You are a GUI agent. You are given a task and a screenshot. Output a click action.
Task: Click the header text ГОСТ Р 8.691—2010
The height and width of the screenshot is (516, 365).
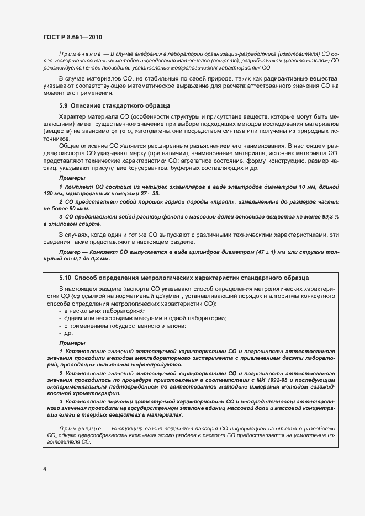(x=72, y=36)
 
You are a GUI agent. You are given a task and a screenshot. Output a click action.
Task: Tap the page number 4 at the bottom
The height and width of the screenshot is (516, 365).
(x=44, y=469)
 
